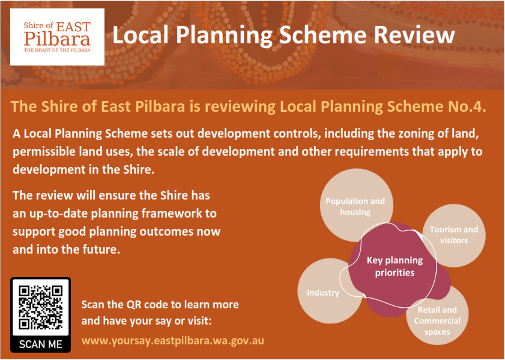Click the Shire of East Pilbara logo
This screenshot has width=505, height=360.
57,37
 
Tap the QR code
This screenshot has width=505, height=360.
41,308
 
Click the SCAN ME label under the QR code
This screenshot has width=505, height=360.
41,344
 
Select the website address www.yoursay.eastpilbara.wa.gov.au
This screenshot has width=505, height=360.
172,341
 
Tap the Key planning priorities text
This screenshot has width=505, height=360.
395,266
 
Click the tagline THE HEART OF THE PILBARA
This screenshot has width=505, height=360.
57,50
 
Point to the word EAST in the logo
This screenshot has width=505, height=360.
73,26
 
